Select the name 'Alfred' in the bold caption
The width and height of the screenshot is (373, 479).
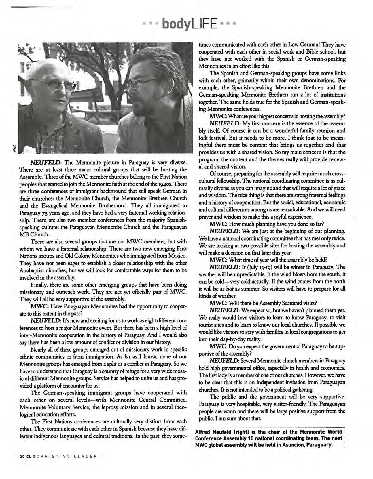pos(203,432)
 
